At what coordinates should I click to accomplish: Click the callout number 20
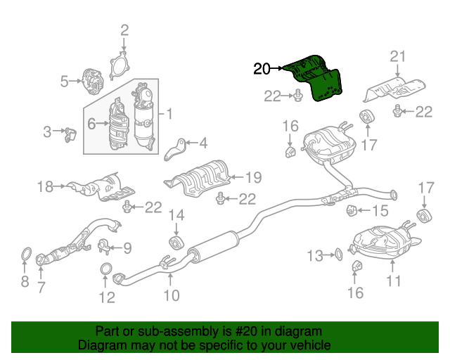[x=262, y=69]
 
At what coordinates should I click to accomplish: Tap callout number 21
[x=399, y=57]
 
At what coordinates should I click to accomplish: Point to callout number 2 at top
[x=124, y=30]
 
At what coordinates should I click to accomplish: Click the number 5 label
[x=65, y=82]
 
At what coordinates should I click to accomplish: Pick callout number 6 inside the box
[x=91, y=124]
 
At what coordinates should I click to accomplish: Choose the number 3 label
[x=48, y=131]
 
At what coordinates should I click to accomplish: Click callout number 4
[x=203, y=144]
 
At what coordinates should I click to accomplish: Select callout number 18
[x=46, y=186]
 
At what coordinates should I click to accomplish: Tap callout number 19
[x=253, y=178]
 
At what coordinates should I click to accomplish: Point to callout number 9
[x=127, y=247]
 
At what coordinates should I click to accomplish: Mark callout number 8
[x=25, y=283]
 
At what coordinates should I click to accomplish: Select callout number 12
[x=106, y=297]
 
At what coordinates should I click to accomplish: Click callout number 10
[x=171, y=296]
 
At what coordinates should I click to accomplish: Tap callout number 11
[x=393, y=281]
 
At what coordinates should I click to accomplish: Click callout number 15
[x=380, y=210]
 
